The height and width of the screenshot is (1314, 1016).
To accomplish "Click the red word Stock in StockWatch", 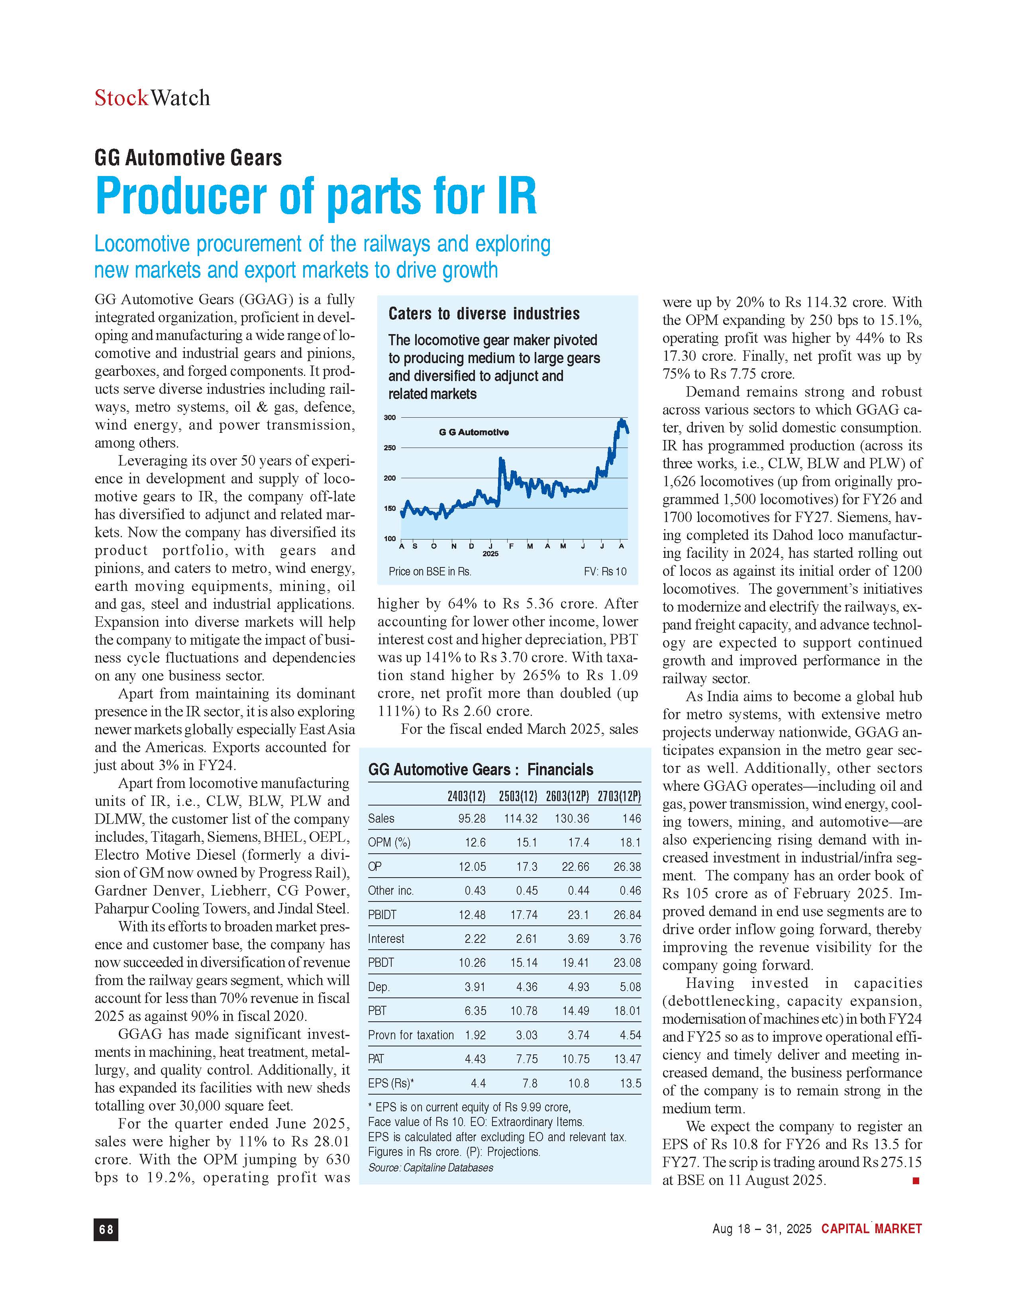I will tap(121, 98).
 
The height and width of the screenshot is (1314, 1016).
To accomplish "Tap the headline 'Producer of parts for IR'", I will tap(316, 197).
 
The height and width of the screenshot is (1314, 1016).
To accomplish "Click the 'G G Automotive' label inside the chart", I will tap(474, 432).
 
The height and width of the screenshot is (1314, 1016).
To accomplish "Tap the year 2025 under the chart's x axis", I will tap(490, 553).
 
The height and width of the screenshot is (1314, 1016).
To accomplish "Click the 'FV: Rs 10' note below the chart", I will tap(605, 571).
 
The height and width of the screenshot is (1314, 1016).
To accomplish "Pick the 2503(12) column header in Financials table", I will tap(518, 797).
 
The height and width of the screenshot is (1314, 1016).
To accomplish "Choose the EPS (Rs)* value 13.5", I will tap(630, 1083).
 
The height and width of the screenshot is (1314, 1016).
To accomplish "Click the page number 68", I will tap(106, 1230).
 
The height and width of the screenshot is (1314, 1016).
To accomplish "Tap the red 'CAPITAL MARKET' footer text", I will tap(871, 1229).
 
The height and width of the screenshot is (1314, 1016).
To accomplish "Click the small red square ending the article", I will tap(916, 1181).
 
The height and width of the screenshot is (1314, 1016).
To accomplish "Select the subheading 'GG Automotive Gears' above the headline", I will tap(188, 158).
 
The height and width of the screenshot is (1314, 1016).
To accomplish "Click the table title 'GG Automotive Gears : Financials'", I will tap(481, 770).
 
